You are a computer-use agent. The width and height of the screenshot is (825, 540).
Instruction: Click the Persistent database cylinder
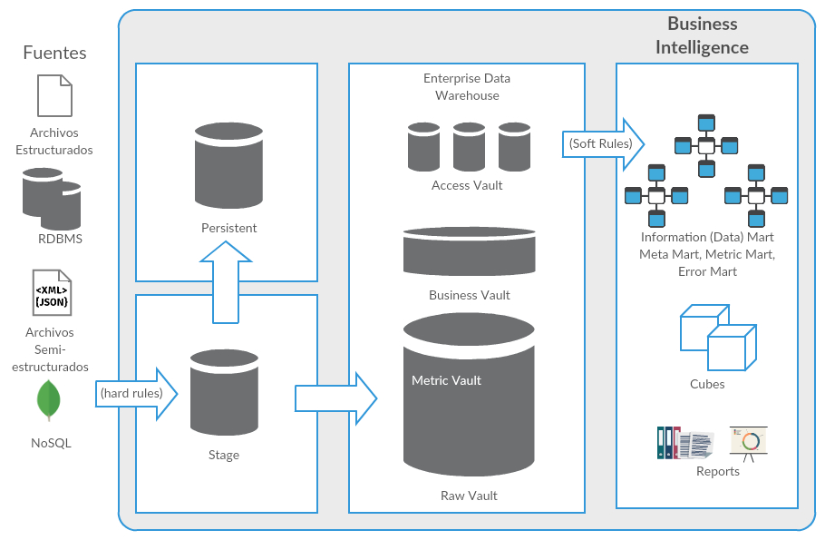(x=228, y=167)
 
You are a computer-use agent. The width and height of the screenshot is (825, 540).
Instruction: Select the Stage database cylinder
(x=224, y=392)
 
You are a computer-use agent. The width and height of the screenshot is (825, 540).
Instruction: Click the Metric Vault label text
(x=446, y=380)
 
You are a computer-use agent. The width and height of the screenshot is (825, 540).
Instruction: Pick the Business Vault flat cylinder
(x=469, y=251)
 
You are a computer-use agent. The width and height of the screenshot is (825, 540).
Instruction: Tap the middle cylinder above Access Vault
(x=469, y=147)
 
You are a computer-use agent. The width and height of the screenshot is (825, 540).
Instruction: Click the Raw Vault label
(x=469, y=496)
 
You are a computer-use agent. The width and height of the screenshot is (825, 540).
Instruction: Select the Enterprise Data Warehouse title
(x=466, y=87)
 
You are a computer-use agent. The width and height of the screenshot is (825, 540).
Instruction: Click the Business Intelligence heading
(x=702, y=36)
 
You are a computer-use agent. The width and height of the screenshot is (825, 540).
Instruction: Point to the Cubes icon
(x=717, y=338)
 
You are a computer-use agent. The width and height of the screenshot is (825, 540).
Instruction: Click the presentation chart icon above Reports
(x=749, y=442)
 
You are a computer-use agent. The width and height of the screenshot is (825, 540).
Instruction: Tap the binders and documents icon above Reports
(x=684, y=443)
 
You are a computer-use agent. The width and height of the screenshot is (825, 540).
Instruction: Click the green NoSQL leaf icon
(x=49, y=401)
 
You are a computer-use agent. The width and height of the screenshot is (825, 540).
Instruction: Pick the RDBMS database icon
(x=52, y=198)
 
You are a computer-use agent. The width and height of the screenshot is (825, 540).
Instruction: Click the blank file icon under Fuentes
(x=53, y=95)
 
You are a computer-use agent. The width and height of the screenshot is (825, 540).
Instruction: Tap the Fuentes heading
(x=54, y=53)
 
